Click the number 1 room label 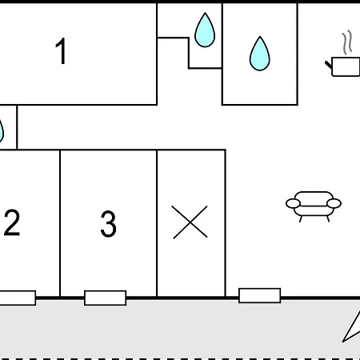tap(61, 50)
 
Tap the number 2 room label tap(12, 222)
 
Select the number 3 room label tap(108, 224)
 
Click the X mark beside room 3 tap(190, 222)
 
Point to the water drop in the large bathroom tap(260, 54)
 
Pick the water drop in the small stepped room tap(205, 30)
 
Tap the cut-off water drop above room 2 tap(2, 130)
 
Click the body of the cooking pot tap(346, 66)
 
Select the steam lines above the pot tap(347, 42)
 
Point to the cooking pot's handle tap(329, 65)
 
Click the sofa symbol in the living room tap(314, 206)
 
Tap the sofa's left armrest tap(293, 203)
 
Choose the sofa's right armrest tap(334, 203)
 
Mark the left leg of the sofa tap(301, 218)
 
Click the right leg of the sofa tap(328, 218)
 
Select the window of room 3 tap(106, 298)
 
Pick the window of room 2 tap(18, 298)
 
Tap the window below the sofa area tap(260, 295)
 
